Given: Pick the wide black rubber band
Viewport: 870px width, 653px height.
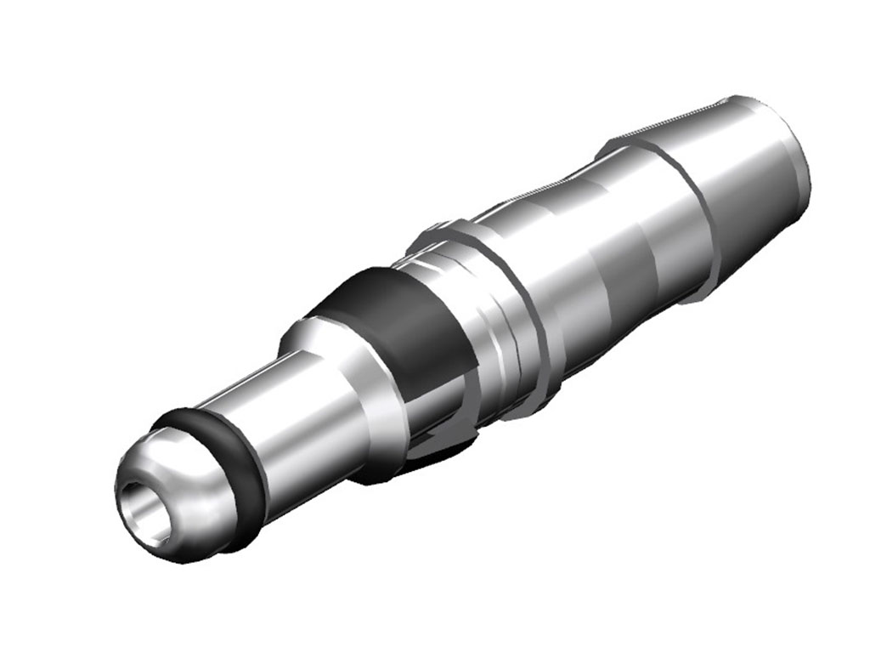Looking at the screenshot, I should (x=399, y=323).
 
